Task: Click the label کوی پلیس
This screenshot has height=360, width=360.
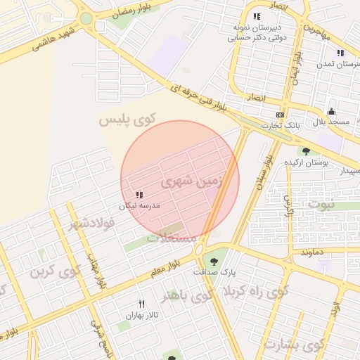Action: (x=127, y=120)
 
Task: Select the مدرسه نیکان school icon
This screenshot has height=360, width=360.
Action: (x=139, y=194)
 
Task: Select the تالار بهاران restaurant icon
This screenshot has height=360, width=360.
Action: (x=141, y=304)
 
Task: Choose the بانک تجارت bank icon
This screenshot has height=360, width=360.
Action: (x=280, y=114)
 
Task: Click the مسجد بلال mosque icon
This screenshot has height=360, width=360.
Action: (x=331, y=111)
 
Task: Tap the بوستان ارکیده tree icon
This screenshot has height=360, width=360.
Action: (x=305, y=150)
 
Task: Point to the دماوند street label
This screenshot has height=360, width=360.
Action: (x=311, y=251)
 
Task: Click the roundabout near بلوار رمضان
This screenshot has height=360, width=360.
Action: (x=86, y=19)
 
